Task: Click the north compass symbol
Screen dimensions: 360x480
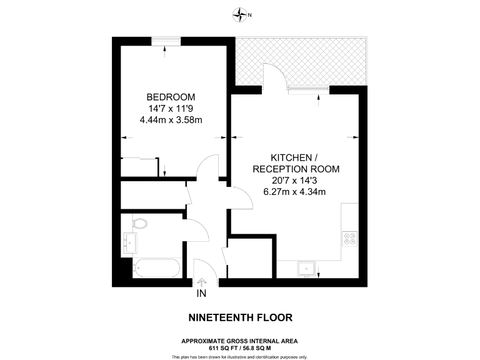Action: coord(240,14)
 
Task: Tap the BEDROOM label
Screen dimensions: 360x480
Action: coord(171,97)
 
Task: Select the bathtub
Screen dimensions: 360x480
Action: coord(157,269)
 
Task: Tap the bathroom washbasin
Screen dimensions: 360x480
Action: coord(130,242)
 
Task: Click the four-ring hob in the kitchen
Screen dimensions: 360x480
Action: coord(349,239)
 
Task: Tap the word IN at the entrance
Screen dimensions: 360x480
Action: coord(201,294)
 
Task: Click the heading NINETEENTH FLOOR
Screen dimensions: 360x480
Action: coord(240,317)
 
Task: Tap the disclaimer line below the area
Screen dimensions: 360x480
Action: coord(240,356)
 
